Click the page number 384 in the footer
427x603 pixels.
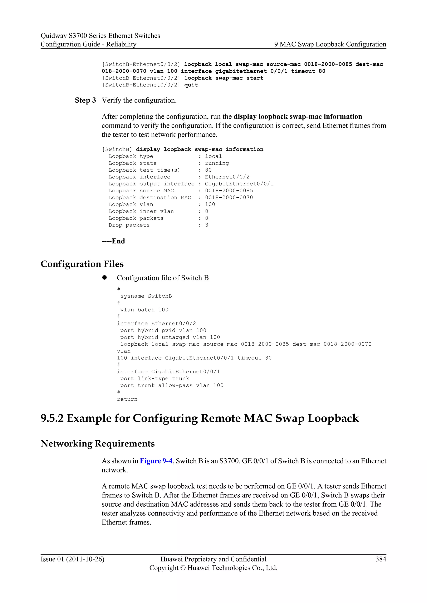(381, 559)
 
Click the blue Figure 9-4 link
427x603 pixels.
(156, 461)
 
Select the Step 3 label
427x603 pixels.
(85, 100)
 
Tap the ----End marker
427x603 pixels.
(113, 241)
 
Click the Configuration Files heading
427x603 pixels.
(82, 264)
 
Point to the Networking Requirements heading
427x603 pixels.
(98, 444)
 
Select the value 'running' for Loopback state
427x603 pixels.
(217, 163)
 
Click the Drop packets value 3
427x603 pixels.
(207, 225)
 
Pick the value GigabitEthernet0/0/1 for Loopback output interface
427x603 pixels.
(239, 184)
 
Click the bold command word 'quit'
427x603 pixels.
(191, 85)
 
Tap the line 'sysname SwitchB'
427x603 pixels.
(146, 296)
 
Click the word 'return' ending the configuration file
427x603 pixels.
(127, 399)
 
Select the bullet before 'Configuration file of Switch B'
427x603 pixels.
(105, 278)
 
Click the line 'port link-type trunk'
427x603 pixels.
(155, 379)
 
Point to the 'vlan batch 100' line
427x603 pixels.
(144, 310)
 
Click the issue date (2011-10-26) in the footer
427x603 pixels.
(85, 559)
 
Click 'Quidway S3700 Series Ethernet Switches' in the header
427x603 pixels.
(100, 36)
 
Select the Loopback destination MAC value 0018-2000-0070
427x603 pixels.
(229, 198)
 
